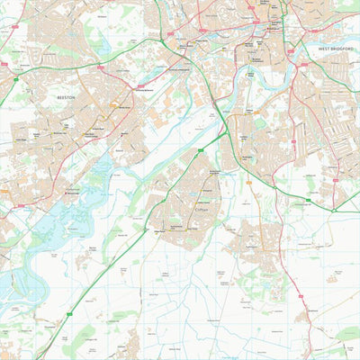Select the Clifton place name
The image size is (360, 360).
tap(202, 209)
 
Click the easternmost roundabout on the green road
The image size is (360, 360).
tap(333, 210)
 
